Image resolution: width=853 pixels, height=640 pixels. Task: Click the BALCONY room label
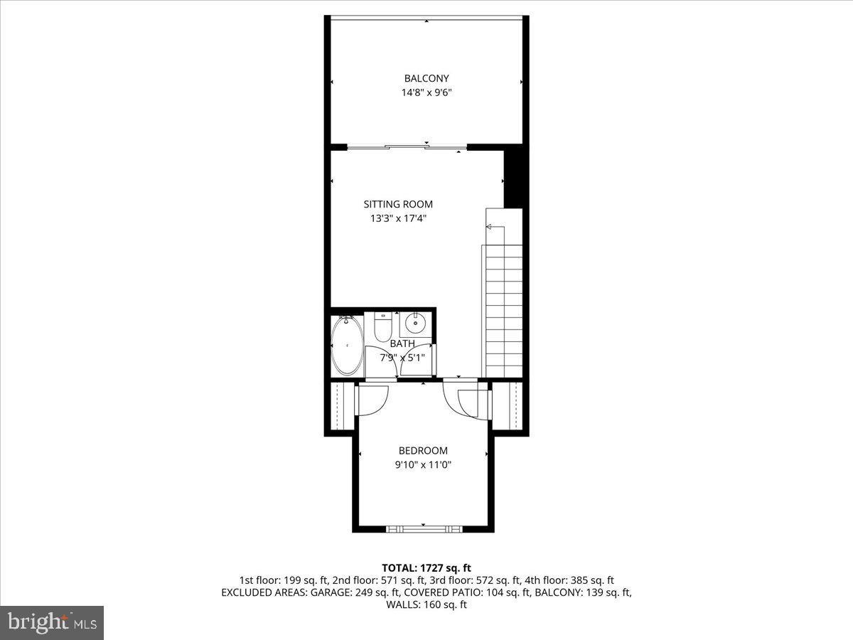(426, 78)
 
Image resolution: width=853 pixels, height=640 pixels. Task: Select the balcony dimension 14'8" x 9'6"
(426, 92)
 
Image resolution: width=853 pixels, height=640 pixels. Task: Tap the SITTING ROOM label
(398, 204)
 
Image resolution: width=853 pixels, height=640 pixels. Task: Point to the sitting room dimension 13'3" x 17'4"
(398, 218)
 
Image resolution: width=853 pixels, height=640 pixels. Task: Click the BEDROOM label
(423, 450)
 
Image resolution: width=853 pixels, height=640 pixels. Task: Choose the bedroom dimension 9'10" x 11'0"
(423, 464)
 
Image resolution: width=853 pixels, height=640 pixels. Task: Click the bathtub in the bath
(347, 346)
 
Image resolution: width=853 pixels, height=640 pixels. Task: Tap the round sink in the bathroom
(414, 326)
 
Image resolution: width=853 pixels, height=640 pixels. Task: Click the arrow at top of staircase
(490, 227)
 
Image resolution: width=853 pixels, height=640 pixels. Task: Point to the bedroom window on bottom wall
(424, 528)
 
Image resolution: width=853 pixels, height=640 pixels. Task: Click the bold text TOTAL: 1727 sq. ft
(426, 567)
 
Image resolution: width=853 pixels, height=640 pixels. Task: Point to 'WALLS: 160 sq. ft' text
(426, 604)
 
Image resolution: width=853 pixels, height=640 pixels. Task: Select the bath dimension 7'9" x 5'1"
(402, 358)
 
